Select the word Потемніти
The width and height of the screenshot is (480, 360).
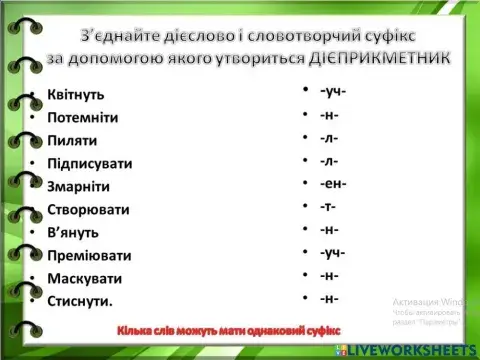(82, 118)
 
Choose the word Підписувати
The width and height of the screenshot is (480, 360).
(89, 164)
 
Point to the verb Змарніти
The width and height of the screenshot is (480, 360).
(78, 187)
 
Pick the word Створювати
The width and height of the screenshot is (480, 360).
(88, 210)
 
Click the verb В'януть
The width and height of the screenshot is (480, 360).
(72, 232)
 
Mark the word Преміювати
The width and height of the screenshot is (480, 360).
(89, 255)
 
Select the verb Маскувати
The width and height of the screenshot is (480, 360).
(84, 278)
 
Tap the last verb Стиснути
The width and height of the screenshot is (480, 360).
(80, 300)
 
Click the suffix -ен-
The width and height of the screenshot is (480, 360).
(333, 183)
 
